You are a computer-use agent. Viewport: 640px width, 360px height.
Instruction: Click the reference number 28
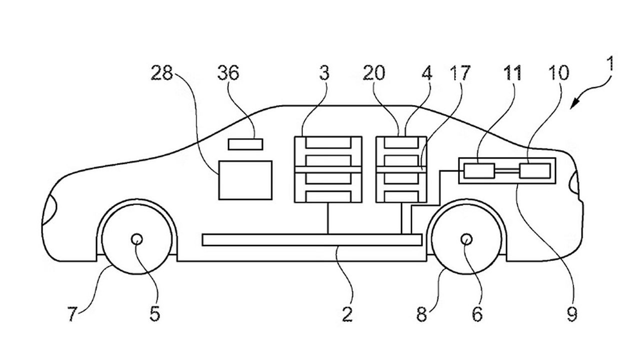161,73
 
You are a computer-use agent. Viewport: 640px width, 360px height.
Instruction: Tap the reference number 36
228,73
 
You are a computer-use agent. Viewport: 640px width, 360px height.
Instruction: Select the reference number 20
374,73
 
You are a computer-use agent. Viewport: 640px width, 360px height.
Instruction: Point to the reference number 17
460,73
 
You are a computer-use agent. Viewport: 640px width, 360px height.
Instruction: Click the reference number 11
512,73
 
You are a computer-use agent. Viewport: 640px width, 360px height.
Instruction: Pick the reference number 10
559,73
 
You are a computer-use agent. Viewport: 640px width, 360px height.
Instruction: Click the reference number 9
571,314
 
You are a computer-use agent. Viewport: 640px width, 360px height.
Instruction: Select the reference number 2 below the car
347,314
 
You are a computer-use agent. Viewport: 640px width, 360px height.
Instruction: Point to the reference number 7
72,314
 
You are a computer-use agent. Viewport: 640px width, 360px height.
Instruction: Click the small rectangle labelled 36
245,144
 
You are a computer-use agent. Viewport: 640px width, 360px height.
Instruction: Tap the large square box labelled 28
245,180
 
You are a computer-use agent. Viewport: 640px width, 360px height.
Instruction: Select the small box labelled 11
479,171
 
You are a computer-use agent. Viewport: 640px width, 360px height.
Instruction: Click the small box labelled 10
534,171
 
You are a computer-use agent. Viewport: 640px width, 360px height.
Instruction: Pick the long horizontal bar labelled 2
312,240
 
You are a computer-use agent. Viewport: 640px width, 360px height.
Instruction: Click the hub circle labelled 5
137,239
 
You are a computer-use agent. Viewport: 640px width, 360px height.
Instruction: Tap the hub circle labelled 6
466,239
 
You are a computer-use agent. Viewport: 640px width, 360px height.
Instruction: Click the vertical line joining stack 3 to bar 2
327,218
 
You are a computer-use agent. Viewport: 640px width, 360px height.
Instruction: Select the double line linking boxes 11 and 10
507,171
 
